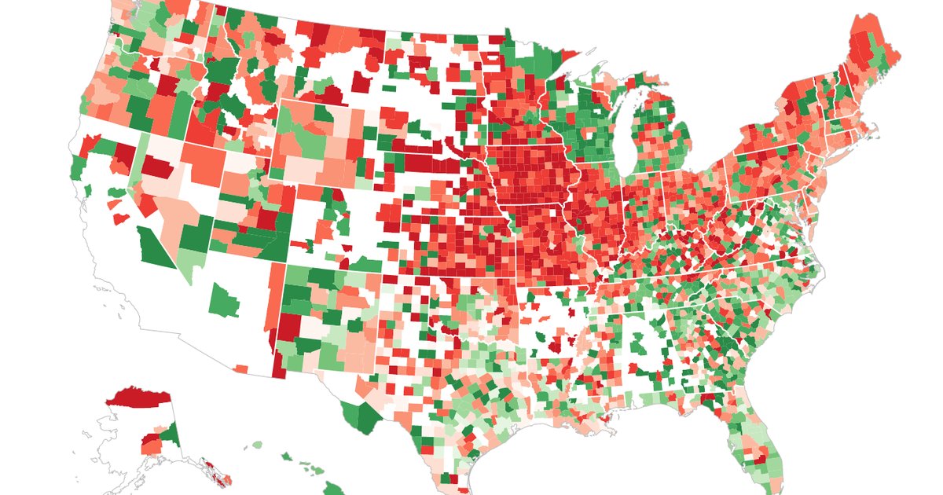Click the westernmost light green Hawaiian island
[x=256, y=445]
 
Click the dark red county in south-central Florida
[x=761, y=457]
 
